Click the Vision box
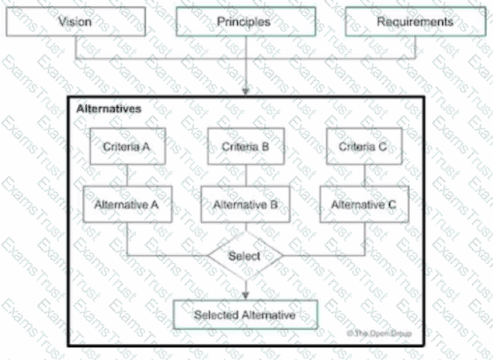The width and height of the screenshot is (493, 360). coord(75,22)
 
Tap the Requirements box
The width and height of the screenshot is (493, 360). coord(415,22)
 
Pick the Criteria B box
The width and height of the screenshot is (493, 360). coord(245,147)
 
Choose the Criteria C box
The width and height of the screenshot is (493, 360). coord(364,147)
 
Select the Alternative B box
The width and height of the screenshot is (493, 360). coord(245,204)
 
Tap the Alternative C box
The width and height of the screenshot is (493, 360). coord(364,204)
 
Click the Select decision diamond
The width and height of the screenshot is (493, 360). coord(245,256)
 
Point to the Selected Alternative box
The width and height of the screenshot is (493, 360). coord(245,315)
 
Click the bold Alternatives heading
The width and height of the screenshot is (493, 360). coord(109,107)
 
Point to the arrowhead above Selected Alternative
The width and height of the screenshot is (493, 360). coord(246,295)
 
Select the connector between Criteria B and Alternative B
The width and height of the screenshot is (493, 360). coord(245,176)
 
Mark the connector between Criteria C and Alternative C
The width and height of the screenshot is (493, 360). coord(364,176)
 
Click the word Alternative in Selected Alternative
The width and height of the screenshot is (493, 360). coord(270,315)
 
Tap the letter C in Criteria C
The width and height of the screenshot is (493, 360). coord(383,147)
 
